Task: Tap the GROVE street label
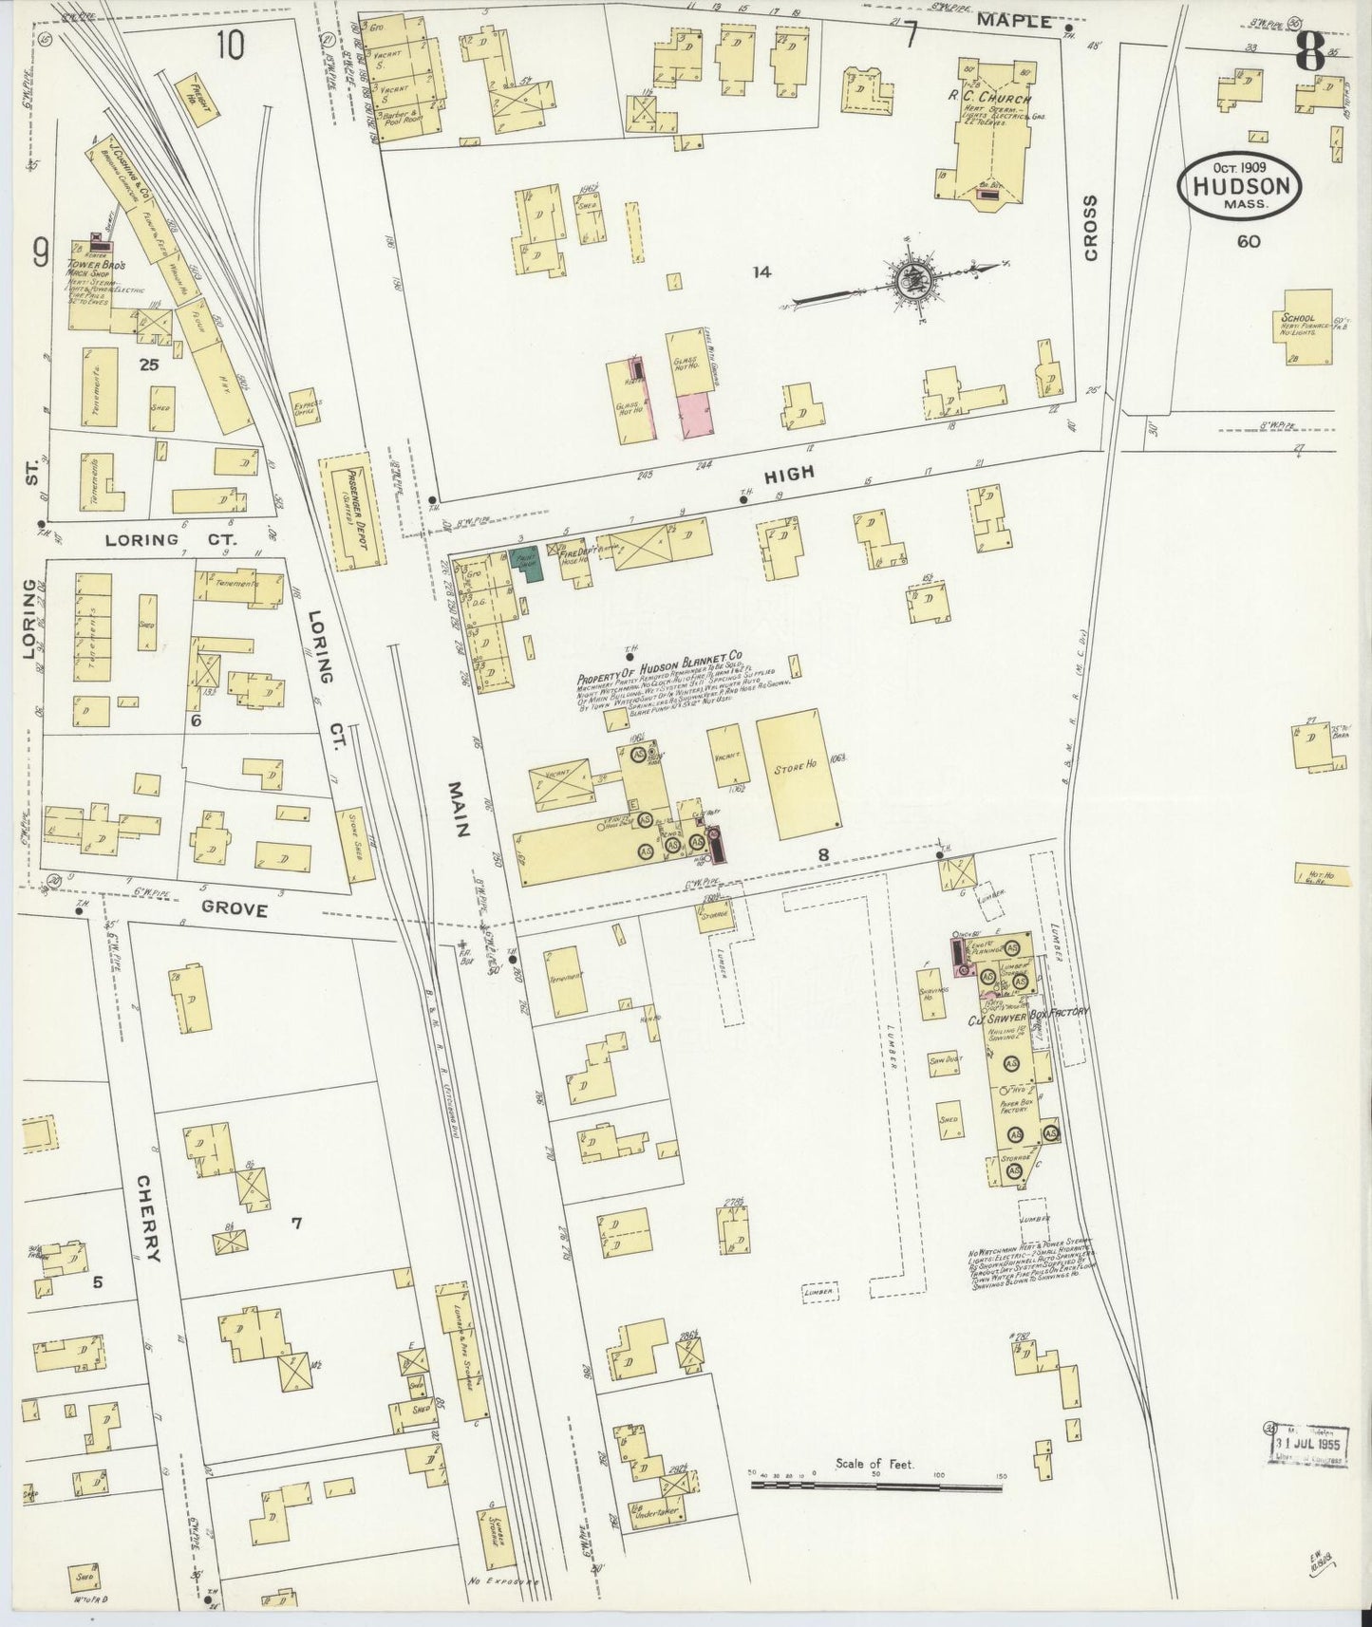236,909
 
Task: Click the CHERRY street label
145,1219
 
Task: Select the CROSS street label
1090,228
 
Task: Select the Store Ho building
799,775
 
